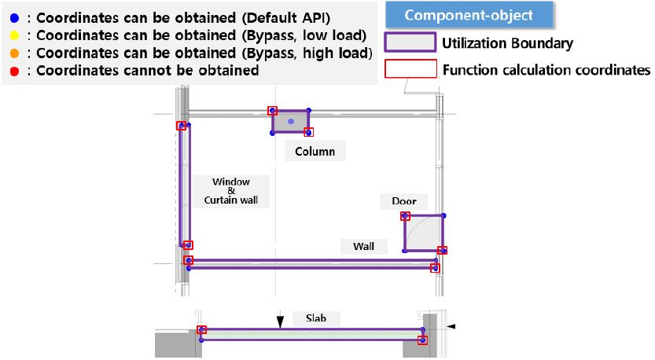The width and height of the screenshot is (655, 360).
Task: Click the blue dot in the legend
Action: (x=15, y=18)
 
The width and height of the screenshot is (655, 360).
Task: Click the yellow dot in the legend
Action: (x=15, y=35)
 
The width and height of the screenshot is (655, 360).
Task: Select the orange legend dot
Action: (x=15, y=53)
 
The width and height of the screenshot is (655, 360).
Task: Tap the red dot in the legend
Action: (x=15, y=72)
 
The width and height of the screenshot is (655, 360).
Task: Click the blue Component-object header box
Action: (x=469, y=15)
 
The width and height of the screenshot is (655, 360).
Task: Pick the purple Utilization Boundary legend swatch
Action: (x=410, y=42)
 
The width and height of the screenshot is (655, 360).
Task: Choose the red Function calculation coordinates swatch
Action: (x=410, y=69)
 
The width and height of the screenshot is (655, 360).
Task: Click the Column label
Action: (x=315, y=151)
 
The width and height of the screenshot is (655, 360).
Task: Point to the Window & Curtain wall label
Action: (x=231, y=191)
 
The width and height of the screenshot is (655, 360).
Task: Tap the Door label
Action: (x=404, y=201)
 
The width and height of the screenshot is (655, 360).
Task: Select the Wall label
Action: (x=363, y=246)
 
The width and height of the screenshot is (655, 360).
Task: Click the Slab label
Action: (x=316, y=318)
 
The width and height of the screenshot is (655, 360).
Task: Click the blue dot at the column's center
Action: (x=291, y=122)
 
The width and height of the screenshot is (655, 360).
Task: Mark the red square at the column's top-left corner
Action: (x=272, y=111)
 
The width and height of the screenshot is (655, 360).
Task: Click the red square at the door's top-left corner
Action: (x=405, y=216)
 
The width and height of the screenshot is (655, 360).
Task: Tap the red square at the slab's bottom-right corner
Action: (x=423, y=340)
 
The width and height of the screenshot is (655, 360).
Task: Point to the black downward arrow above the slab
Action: (x=280, y=321)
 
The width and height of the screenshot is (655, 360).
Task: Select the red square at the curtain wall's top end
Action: (x=181, y=126)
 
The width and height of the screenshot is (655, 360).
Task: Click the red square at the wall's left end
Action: (x=189, y=260)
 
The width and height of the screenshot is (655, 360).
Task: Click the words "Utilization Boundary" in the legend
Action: (x=507, y=43)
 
